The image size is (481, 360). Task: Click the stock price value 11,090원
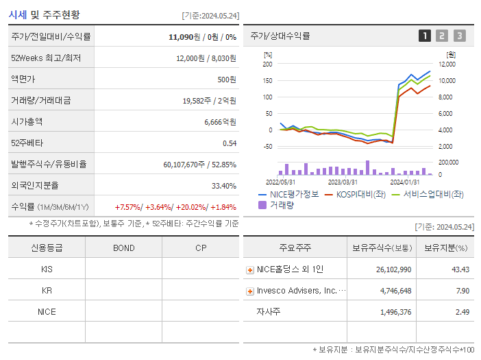click(x=185, y=36)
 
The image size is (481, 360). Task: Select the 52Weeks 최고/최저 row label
click(x=46, y=58)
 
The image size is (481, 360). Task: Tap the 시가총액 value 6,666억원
click(x=220, y=122)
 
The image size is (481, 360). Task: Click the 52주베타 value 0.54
click(x=230, y=143)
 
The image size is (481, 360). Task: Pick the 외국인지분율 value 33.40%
click(x=224, y=186)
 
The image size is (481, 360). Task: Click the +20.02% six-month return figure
click(x=190, y=207)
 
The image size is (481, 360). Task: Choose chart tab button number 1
click(x=425, y=36)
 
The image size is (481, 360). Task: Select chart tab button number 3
click(x=459, y=36)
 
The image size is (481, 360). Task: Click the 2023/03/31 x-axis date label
click(x=343, y=182)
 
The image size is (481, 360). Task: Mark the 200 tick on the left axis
click(x=267, y=64)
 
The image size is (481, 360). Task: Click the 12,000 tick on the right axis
click(x=447, y=64)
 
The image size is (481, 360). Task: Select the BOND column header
click(x=123, y=248)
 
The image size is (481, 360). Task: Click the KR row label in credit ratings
click(x=47, y=290)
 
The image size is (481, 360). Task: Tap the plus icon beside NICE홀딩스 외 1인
click(x=250, y=270)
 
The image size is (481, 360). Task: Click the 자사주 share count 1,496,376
click(x=395, y=312)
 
